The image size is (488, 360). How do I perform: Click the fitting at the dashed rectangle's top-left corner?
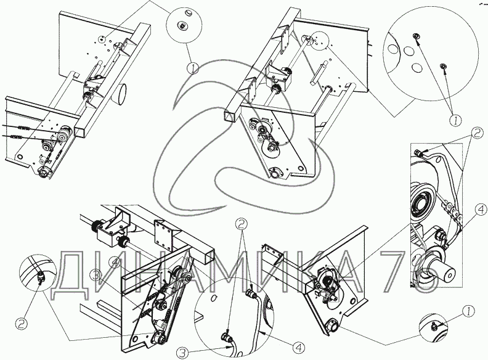[x=420, y=152]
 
